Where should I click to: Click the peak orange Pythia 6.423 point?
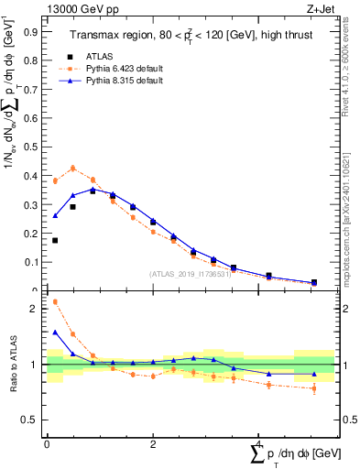[x=73, y=168]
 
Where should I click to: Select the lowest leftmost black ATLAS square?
[x=55, y=240]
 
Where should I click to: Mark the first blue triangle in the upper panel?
[x=55, y=216]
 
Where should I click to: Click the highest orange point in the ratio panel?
[x=55, y=301]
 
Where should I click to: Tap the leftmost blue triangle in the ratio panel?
[x=55, y=333]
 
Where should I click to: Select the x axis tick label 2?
[x=152, y=443]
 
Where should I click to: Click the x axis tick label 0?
[x=47, y=443]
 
